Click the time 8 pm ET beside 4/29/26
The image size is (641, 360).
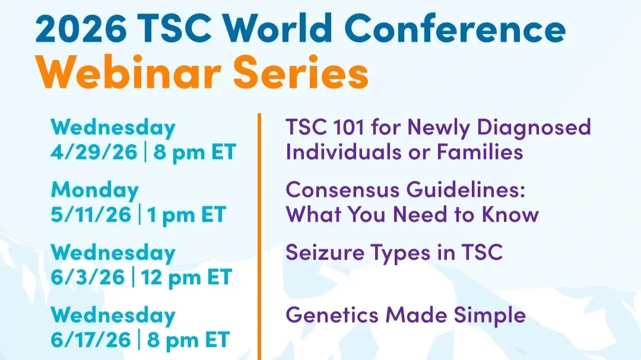[195, 152]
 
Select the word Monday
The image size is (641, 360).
[94, 190]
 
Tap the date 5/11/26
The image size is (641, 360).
[91, 214]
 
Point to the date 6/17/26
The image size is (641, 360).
[90, 340]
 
